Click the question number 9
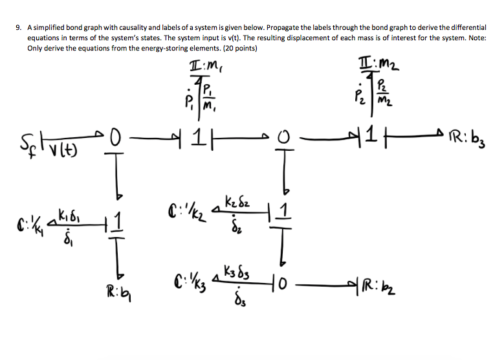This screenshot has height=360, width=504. point(19,28)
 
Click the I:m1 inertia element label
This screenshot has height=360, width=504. point(204,65)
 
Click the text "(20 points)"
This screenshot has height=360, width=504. point(233,49)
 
